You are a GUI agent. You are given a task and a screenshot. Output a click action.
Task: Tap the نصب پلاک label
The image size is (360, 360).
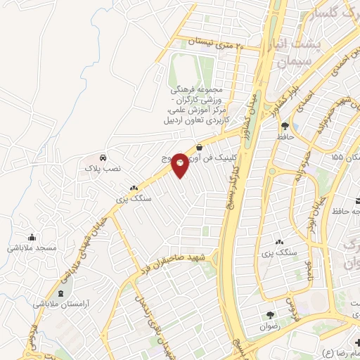[x=103, y=169]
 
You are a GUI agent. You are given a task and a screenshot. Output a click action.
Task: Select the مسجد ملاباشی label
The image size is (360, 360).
[x=32, y=248]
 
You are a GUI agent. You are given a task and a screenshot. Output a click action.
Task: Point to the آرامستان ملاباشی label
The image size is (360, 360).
[x=61, y=304]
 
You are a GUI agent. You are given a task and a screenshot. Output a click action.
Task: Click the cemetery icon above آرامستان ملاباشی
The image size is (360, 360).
[x=61, y=292]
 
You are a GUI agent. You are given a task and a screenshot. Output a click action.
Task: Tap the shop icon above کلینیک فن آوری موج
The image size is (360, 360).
[x=200, y=147]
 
